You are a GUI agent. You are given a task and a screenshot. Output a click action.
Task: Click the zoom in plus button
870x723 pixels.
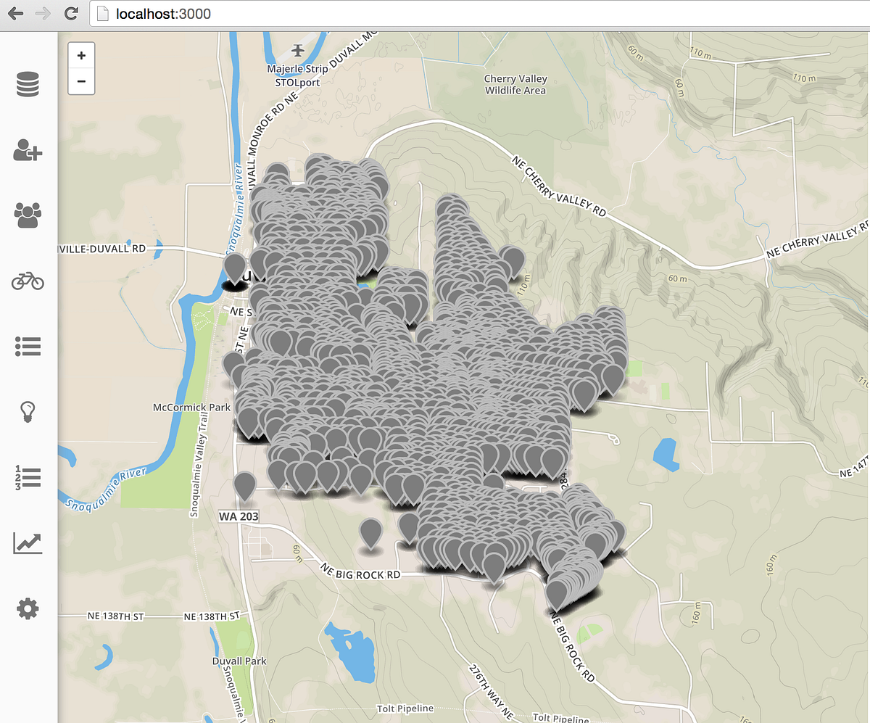(x=81, y=55)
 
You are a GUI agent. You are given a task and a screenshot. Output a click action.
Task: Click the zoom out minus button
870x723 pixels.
(x=81, y=81)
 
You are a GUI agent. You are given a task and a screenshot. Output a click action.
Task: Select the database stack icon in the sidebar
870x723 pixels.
(x=28, y=85)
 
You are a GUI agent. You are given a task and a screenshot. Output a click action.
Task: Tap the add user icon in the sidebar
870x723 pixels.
(x=28, y=151)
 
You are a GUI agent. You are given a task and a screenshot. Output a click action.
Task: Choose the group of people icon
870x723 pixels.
(x=28, y=215)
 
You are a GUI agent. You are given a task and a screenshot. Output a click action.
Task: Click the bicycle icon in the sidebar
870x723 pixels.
(x=28, y=281)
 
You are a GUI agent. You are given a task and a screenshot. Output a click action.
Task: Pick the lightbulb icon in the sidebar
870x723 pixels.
(x=28, y=412)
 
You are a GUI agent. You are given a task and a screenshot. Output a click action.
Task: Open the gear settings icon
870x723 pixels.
(x=28, y=608)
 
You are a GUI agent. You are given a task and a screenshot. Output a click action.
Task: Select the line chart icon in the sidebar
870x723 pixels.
(x=28, y=542)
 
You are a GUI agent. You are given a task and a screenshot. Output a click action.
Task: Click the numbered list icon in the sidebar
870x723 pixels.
(x=28, y=477)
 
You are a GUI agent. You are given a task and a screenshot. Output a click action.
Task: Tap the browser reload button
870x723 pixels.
(x=71, y=13)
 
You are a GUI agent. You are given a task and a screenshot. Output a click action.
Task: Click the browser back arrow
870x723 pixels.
(x=14, y=13)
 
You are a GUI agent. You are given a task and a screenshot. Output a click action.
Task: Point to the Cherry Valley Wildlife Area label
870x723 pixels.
(x=515, y=85)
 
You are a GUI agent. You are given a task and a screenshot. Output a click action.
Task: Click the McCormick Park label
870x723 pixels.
(x=192, y=408)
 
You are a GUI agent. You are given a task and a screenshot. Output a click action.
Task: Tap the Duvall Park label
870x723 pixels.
(x=239, y=661)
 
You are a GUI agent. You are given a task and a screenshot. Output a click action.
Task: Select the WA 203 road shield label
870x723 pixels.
(x=238, y=516)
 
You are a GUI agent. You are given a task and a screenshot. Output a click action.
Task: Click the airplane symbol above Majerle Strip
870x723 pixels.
(x=298, y=50)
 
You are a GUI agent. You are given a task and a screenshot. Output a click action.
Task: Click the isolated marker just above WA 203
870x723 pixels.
(x=245, y=485)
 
